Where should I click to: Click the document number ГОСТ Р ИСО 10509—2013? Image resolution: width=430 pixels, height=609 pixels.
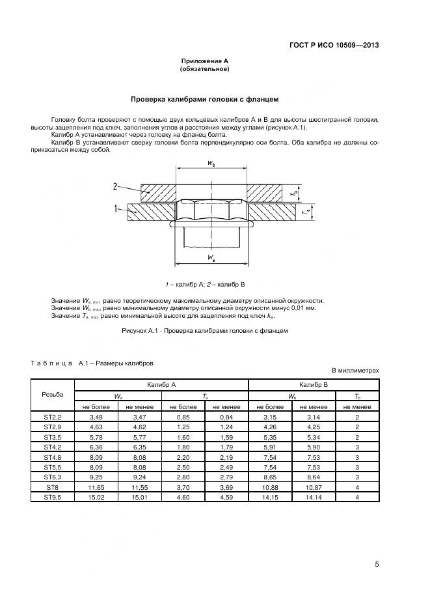[x=334, y=45]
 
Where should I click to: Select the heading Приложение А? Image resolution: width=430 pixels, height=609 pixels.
[x=204, y=61]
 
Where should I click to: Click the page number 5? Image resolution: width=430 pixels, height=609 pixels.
[x=377, y=564]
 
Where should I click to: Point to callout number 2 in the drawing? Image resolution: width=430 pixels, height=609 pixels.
[x=114, y=186]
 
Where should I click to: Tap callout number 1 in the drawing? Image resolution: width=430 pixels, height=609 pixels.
[x=115, y=209]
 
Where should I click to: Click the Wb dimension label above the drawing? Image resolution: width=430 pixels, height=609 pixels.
[x=211, y=164]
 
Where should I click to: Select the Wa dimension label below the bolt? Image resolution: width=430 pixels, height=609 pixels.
[x=211, y=259]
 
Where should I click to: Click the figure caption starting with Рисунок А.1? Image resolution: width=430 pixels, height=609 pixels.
[x=204, y=330]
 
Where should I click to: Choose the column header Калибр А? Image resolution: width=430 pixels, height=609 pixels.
[x=161, y=385]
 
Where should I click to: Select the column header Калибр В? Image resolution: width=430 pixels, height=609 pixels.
[x=314, y=385]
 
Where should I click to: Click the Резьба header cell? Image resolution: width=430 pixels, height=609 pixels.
[x=53, y=395]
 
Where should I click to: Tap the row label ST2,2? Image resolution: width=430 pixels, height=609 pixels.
[x=53, y=416]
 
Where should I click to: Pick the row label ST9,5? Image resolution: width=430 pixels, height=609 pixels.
[x=53, y=497]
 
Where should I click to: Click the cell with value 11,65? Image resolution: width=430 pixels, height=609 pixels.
[x=96, y=487]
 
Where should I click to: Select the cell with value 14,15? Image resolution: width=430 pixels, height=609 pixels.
[x=270, y=497]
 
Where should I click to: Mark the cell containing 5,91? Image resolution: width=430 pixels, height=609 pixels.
[x=270, y=447]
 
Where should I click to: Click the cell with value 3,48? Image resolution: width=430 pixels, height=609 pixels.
[x=96, y=416]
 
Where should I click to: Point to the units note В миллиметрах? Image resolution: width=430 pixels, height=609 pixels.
[x=355, y=371]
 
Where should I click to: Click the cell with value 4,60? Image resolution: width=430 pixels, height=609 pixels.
[x=183, y=497]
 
